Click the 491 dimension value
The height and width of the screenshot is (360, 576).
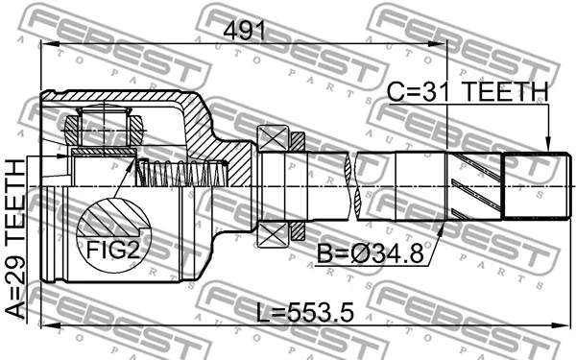tap(244, 31)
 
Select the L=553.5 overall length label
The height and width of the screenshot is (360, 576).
tap(305, 313)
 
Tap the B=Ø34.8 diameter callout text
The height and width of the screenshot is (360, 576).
tap(371, 253)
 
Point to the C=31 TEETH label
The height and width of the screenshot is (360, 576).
tap(468, 91)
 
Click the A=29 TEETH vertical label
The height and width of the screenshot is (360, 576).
tap(15, 238)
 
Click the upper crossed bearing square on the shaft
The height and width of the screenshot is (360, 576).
tap(273, 138)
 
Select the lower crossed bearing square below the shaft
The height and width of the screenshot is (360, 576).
tap(273, 235)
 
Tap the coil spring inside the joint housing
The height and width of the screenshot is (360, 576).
tap(182, 174)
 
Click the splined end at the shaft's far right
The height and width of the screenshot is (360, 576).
tap(537, 186)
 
